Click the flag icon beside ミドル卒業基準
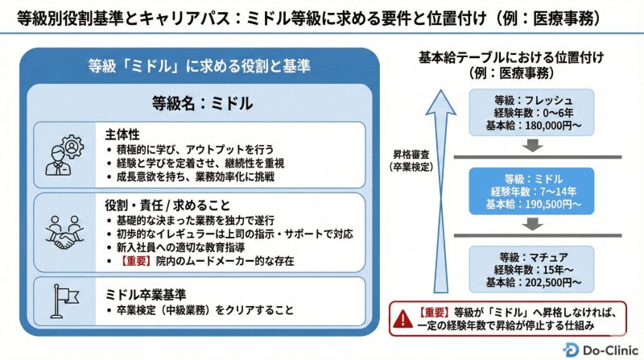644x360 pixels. click(x=62, y=300)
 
